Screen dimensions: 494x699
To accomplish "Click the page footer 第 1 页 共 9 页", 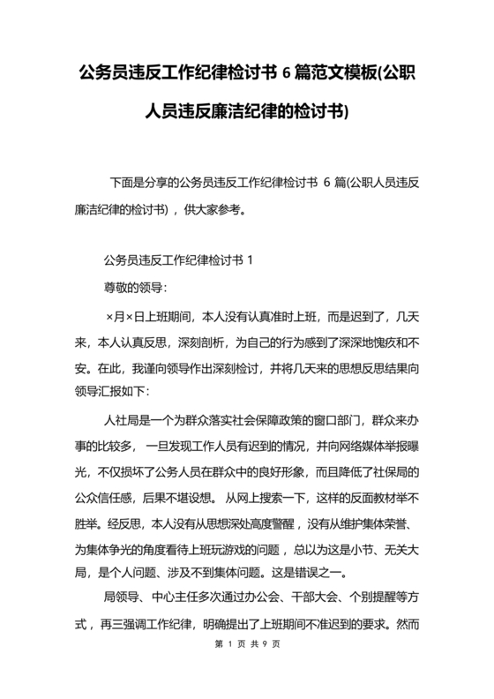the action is click(x=247, y=669).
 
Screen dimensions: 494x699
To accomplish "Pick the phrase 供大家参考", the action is click(x=220, y=210).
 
